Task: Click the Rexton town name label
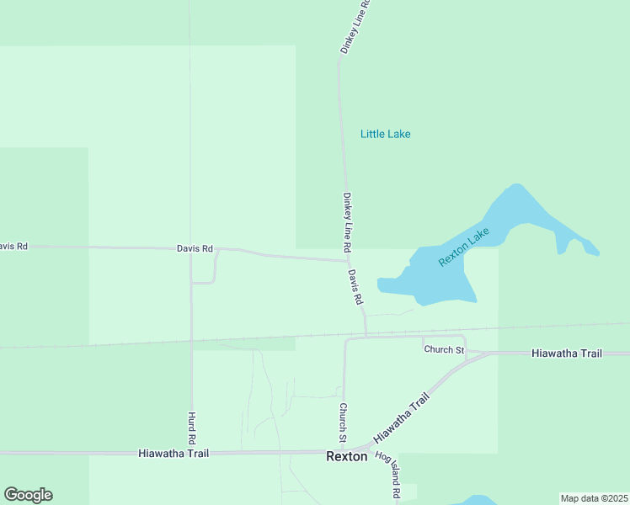[x=347, y=456]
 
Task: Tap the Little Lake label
[x=385, y=134]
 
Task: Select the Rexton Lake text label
[x=463, y=248]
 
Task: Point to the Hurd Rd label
[x=191, y=428]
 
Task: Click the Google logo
[x=28, y=495]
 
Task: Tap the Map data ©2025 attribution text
[x=594, y=498]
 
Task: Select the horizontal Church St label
[x=444, y=349]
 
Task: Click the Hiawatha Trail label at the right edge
[x=567, y=353]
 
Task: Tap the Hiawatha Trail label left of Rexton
[x=173, y=453]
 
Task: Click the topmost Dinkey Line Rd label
[x=355, y=27]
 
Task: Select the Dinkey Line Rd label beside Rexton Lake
[x=346, y=223]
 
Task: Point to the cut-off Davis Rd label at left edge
[x=13, y=247]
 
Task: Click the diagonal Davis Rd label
[x=356, y=287]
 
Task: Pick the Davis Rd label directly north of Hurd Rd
[x=195, y=248]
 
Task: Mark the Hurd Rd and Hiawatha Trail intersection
[x=192, y=453]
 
